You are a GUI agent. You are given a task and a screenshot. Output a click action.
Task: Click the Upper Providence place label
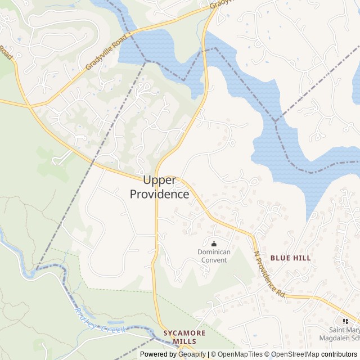click(x=160, y=187)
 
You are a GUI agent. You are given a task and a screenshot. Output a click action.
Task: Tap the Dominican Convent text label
click(x=214, y=256)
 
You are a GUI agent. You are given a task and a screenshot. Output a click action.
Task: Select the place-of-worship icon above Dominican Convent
click(x=214, y=244)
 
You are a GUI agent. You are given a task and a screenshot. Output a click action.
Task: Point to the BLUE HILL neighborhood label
click(x=290, y=258)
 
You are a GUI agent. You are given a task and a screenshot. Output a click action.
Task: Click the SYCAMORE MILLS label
click(x=184, y=337)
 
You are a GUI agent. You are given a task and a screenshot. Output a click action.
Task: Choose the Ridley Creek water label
click(x=100, y=321)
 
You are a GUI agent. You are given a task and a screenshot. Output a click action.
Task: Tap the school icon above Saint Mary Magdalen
click(x=345, y=321)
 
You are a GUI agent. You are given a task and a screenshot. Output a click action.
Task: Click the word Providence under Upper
click(x=160, y=195)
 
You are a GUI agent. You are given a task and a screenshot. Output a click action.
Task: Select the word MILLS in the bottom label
click(x=184, y=341)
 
